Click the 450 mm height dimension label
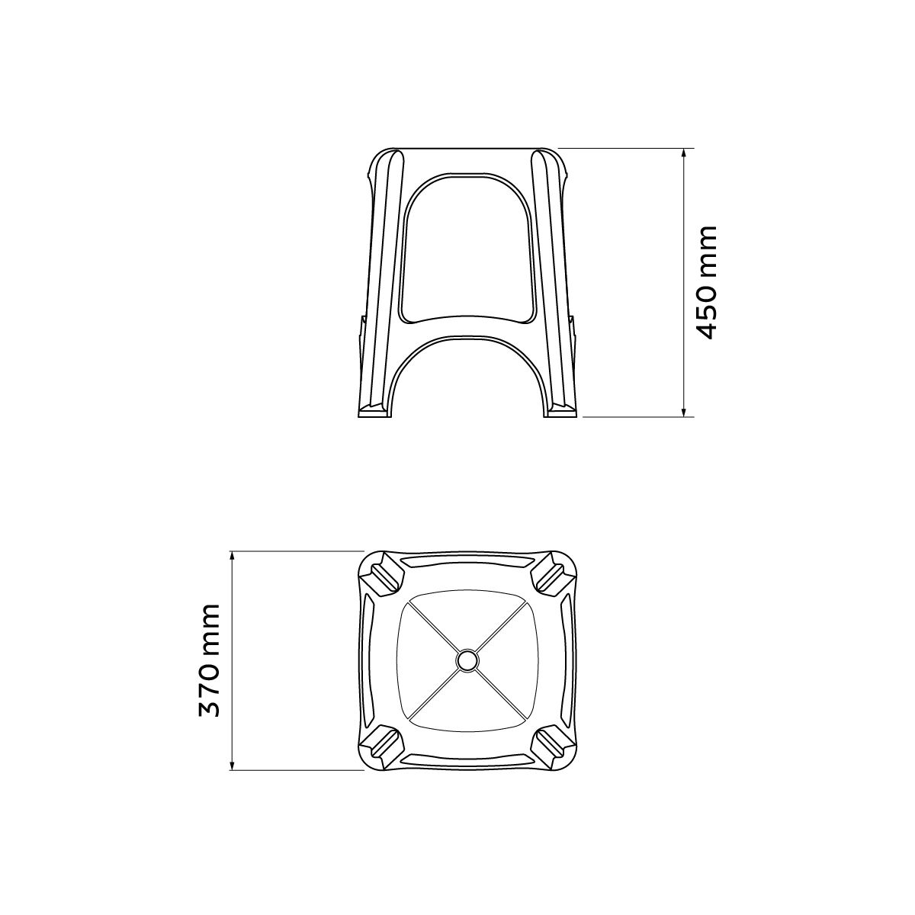point(705,282)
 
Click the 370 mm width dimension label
point(208,660)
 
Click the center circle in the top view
point(467,660)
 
